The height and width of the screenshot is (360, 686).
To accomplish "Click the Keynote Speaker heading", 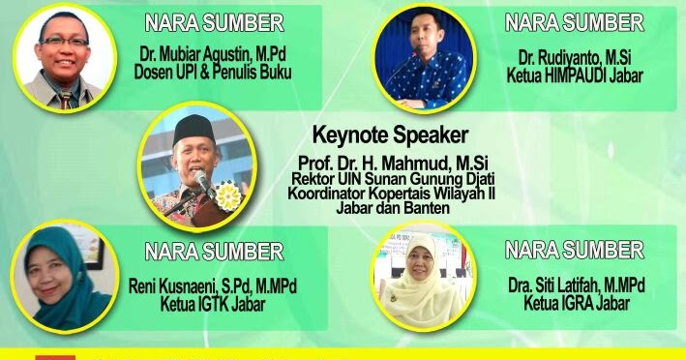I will coord(390,135).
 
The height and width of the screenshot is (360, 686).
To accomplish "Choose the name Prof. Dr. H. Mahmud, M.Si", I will coord(390,161).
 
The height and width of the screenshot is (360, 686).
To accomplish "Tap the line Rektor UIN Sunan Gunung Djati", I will coord(390,178).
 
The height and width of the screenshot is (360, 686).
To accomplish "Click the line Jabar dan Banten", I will coord(390,206).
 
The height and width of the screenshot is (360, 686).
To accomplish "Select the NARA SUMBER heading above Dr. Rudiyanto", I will coord(575,22).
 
